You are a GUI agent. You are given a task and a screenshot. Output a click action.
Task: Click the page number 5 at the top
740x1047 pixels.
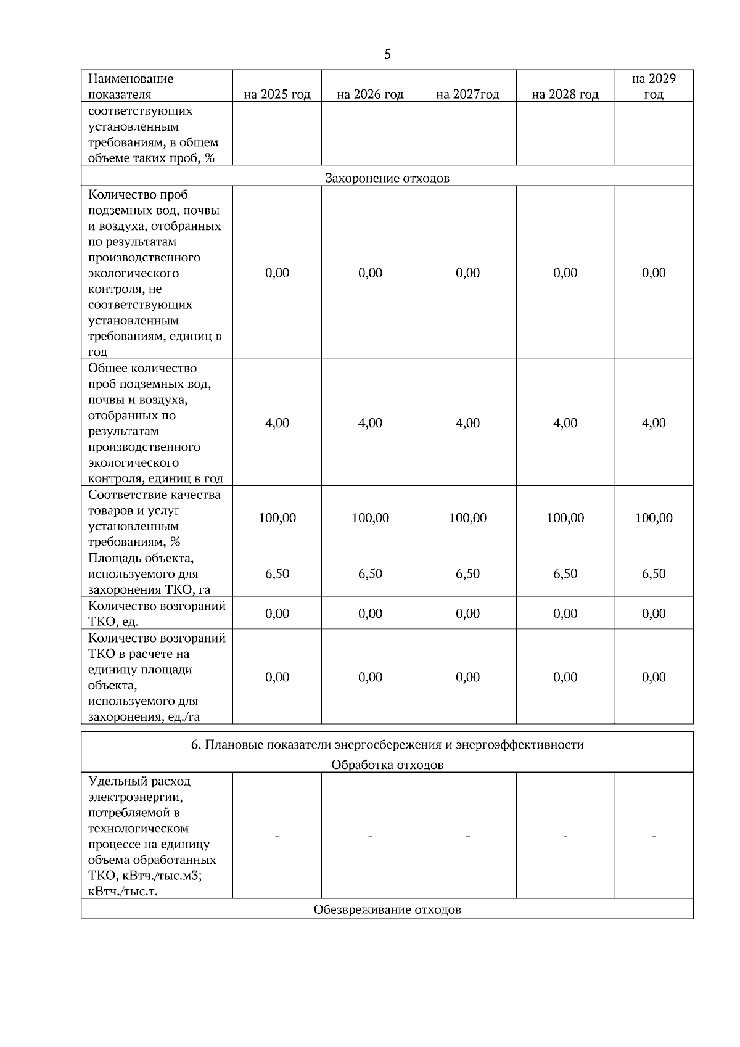tap(387, 54)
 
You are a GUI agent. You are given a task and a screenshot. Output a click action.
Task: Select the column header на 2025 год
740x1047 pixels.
tap(277, 94)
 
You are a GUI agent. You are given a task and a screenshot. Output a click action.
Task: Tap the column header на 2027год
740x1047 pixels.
tap(467, 94)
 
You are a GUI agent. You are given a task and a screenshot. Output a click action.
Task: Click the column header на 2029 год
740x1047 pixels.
tap(654, 86)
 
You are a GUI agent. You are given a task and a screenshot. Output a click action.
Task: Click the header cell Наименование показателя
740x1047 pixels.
tap(131, 86)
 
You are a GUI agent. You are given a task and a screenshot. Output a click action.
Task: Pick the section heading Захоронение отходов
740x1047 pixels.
tap(387, 178)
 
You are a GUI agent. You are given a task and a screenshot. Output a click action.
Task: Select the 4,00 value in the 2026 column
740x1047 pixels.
tap(370, 423)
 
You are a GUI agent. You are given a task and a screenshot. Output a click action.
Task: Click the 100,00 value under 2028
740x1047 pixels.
tap(565, 518)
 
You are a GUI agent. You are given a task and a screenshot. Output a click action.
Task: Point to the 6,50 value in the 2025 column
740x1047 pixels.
tap(277, 573)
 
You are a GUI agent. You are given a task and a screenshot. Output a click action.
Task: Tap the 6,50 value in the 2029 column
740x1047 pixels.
tap(654, 573)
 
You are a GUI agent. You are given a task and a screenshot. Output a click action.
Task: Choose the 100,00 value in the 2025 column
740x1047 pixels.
tap(277, 518)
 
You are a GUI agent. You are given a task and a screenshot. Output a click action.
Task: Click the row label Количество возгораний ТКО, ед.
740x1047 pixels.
tap(157, 613)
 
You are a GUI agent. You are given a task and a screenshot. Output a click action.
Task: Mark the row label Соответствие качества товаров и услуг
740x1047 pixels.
tap(154, 518)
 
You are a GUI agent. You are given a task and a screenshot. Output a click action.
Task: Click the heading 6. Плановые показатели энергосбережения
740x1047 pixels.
tap(387, 744)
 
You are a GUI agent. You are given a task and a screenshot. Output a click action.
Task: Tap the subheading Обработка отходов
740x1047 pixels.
tap(387, 765)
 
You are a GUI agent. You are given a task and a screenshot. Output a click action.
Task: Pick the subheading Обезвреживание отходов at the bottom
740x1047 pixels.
tap(387, 909)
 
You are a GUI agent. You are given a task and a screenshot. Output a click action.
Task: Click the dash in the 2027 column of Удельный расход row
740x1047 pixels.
tap(467, 836)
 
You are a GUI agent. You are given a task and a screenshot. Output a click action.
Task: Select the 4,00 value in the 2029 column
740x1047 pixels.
tap(654, 423)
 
